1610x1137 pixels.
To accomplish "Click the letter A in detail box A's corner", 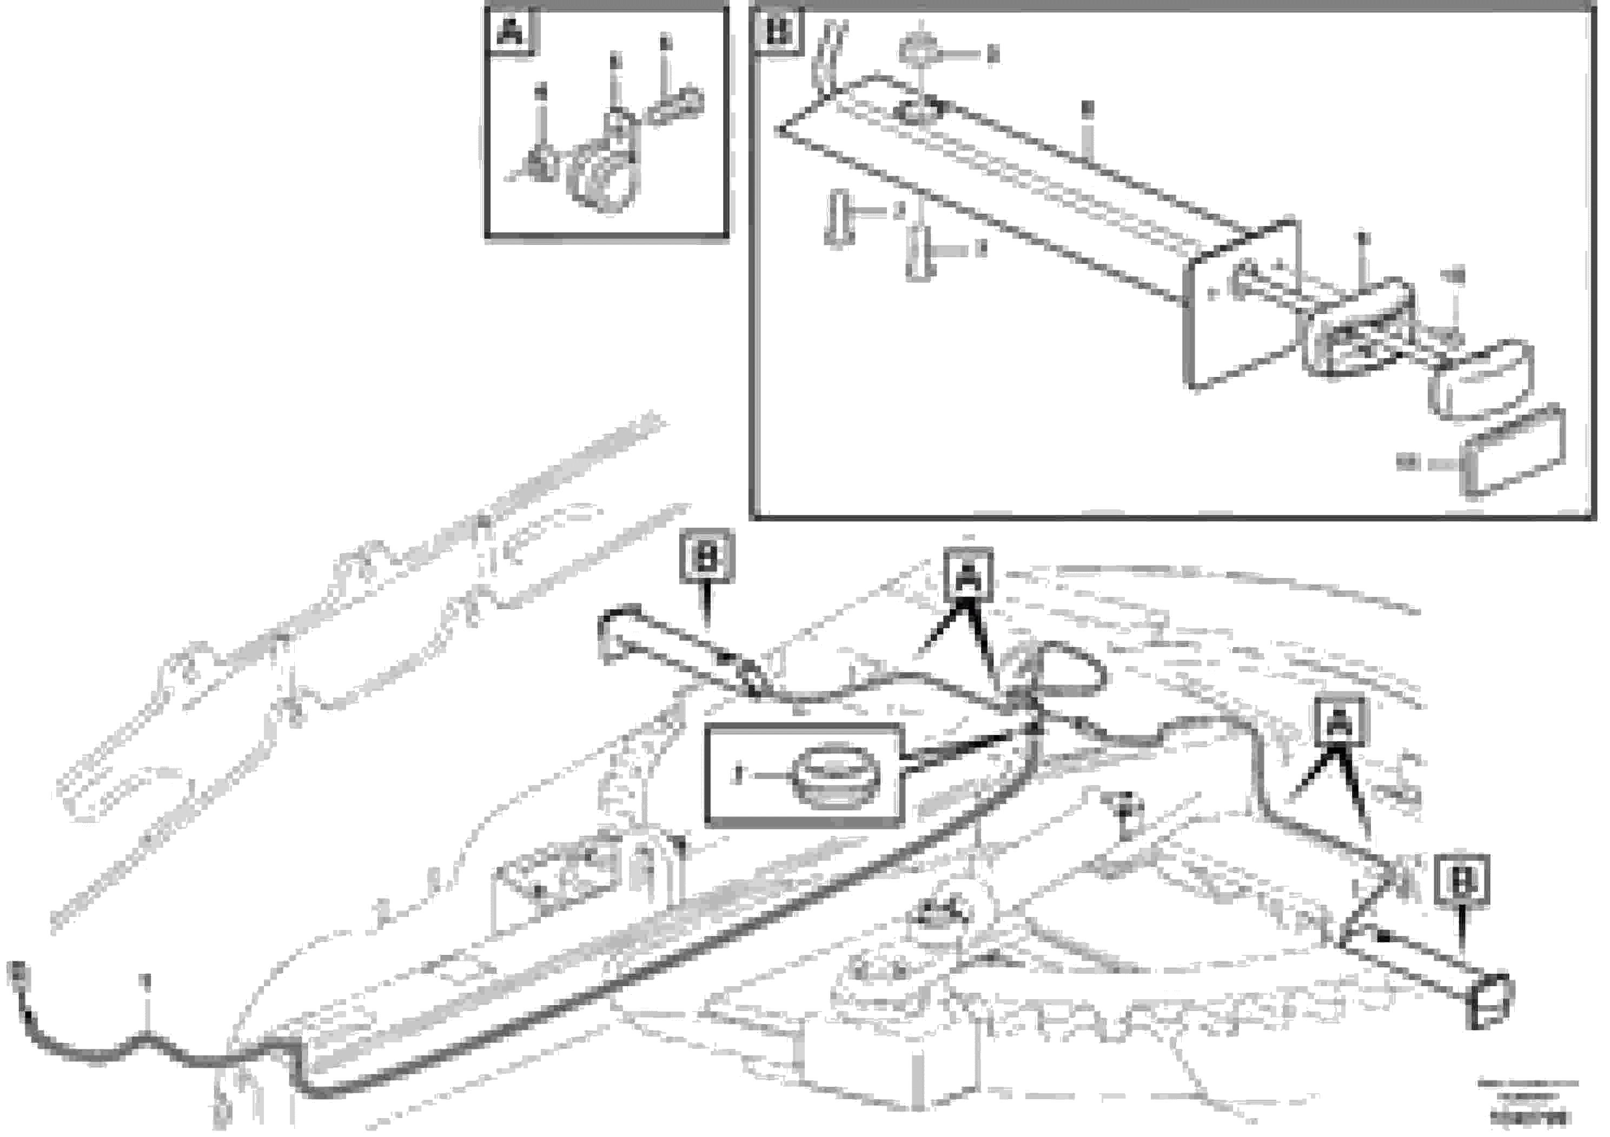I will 510,31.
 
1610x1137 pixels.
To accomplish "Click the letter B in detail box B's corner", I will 778,31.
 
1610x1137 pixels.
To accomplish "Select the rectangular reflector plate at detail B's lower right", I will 1513,454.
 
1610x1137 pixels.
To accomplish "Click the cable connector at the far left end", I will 16,976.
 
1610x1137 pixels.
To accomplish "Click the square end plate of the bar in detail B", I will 1240,305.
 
